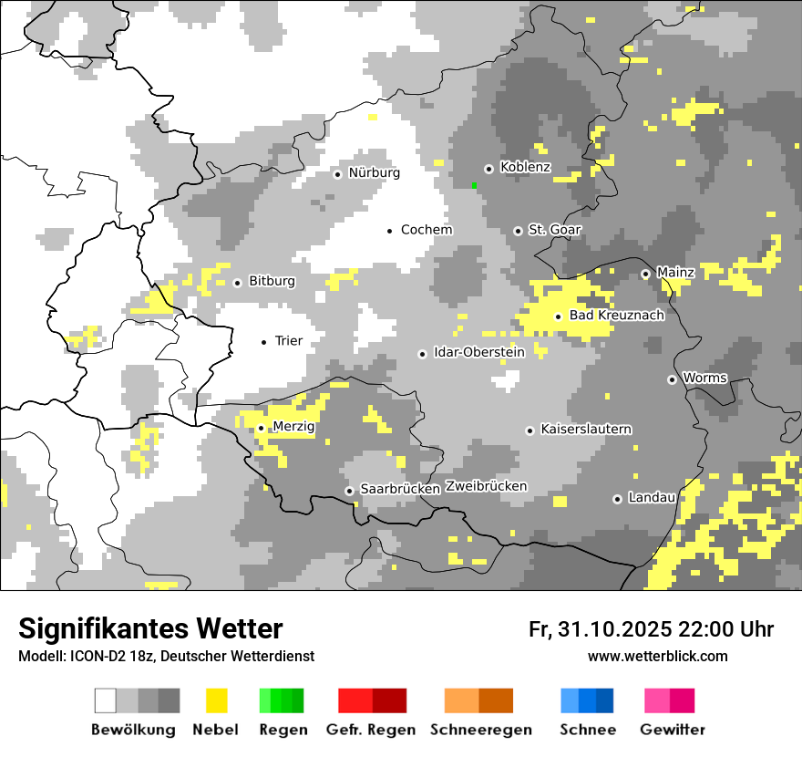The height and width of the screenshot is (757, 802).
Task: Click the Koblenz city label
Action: pos(525,167)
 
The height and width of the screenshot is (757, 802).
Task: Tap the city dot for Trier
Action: pos(264,342)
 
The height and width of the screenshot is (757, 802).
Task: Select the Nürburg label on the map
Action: pos(374,172)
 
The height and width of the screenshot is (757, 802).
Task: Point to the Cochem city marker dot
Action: pos(389,231)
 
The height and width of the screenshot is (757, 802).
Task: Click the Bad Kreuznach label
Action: pos(616,316)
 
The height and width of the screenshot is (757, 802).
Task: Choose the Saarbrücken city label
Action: pos(400,489)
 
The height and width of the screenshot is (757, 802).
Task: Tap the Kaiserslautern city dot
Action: pos(530,430)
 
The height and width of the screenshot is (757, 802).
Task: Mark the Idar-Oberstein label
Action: pos(479,352)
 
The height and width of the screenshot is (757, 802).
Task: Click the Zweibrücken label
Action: pos(486,486)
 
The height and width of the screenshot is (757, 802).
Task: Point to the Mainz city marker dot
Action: pos(645,274)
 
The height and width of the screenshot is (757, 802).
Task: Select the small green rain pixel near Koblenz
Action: pos(474,185)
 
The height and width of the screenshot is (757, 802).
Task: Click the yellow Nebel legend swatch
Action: pos(216,700)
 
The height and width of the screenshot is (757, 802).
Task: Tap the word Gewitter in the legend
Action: pos(672,730)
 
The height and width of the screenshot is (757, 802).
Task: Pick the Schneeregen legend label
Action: pos(481,730)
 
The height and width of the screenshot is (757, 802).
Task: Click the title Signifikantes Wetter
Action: pos(150,628)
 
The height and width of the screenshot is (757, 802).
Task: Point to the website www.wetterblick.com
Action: pos(657,656)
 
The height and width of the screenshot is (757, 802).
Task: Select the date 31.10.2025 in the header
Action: pos(612,629)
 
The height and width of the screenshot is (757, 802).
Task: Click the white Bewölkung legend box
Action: pos(105,700)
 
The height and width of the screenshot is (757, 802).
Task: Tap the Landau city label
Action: pos(652,498)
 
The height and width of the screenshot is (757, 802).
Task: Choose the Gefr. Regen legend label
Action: pos(371,730)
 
